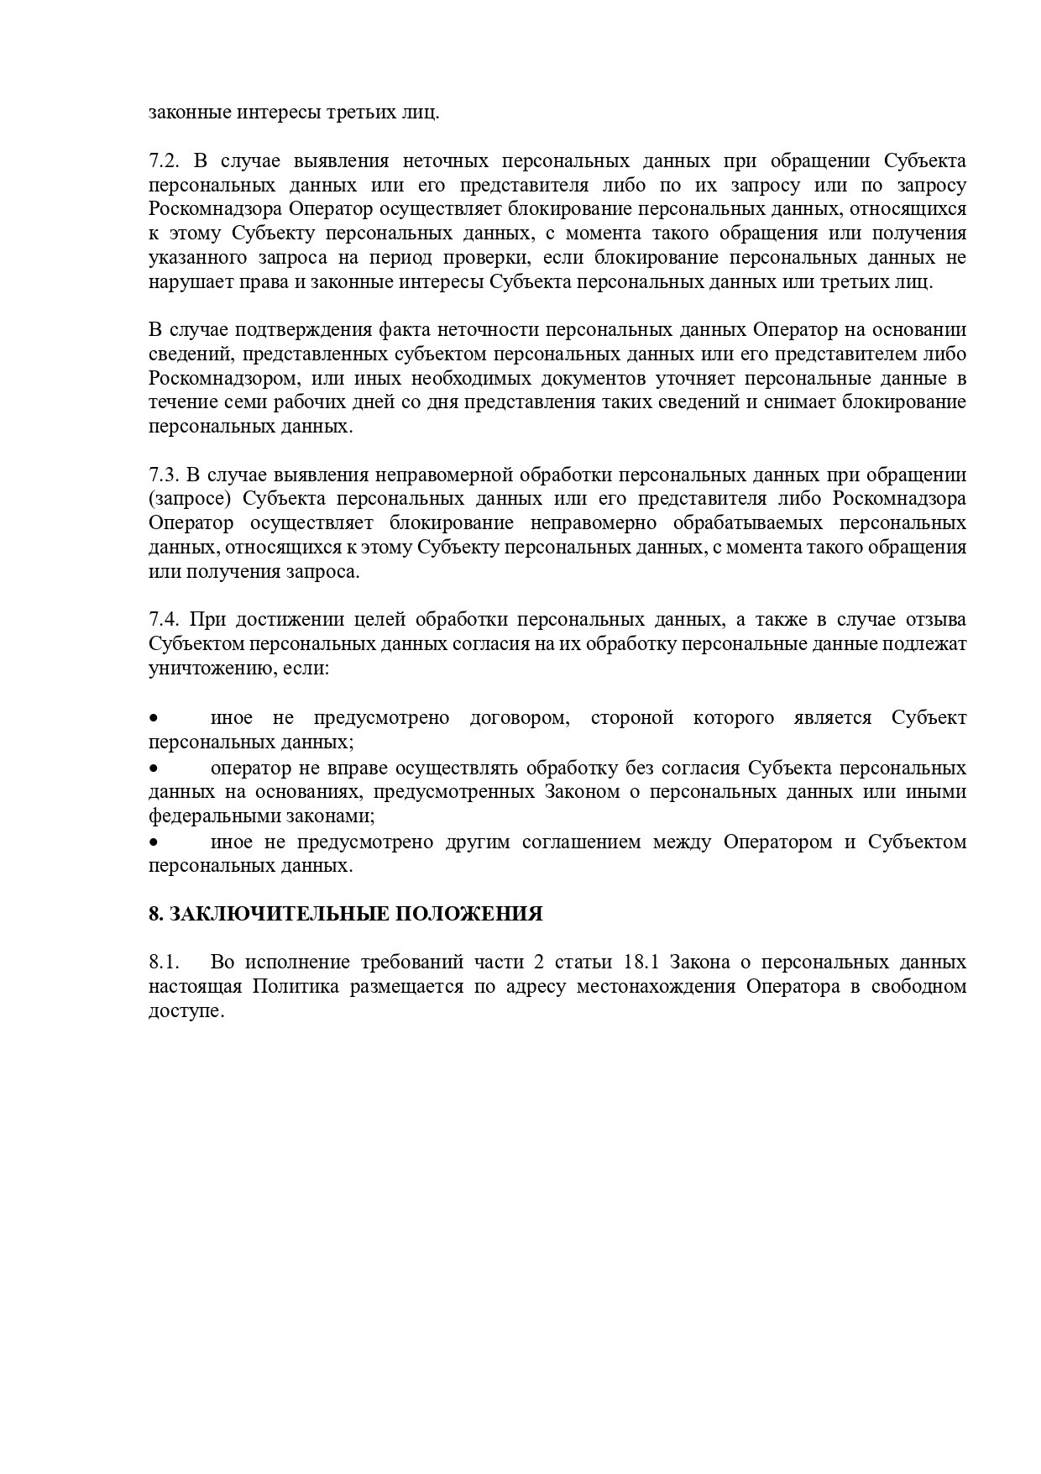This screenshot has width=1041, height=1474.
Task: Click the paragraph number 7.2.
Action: click(x=164, y=160)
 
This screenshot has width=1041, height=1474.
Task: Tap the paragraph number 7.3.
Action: click(x=164, y=475)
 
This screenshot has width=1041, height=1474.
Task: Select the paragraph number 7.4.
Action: click(x=164, y=620)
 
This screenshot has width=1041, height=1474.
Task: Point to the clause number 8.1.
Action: click(x=164, y=962)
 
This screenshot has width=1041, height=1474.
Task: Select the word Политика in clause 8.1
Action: click(x=296, y=986)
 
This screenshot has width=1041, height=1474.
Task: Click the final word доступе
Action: click(x=186, y=1010)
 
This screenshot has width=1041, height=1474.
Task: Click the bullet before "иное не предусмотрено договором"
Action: click(x=154, y=719)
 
